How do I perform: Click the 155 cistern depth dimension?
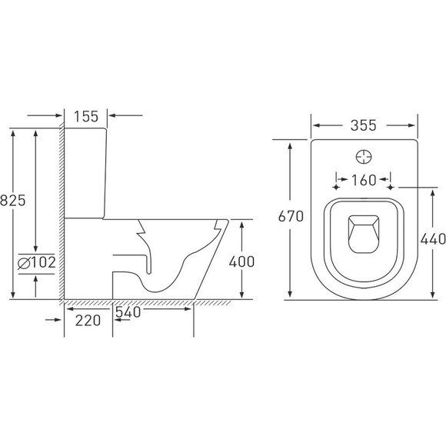coord(86,116)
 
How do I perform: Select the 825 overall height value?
coord(13,200)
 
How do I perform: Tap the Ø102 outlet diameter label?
coord(36,262)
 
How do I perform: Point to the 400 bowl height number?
coord(241,261)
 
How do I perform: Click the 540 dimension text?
coord(128,312)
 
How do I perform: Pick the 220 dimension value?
coord(88,321)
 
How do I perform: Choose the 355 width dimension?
coord(364,125)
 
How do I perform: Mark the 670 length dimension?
coord(291,216)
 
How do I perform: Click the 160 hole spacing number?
coord(364,180)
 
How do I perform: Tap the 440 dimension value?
coord(433,239)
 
